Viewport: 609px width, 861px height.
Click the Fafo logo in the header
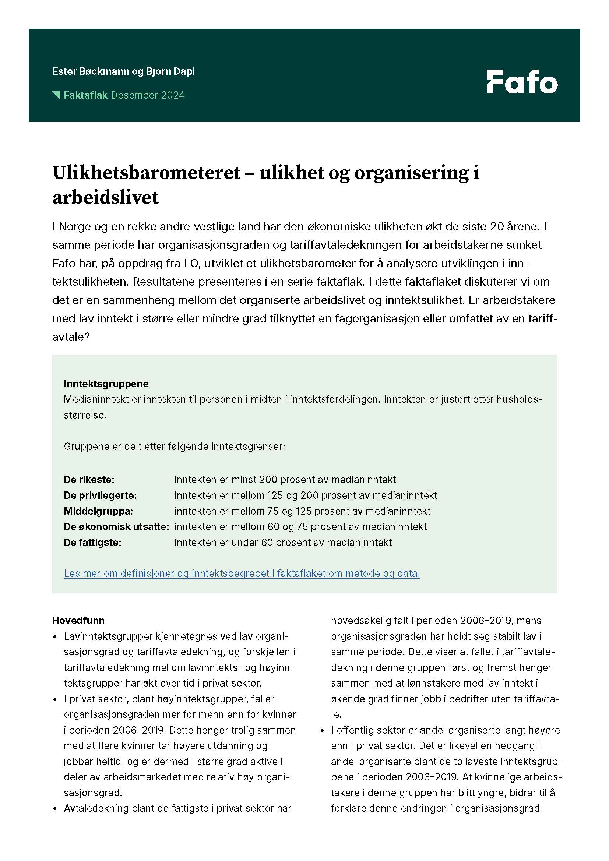click(522, 81)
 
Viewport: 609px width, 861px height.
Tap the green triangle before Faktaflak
click(56, 95)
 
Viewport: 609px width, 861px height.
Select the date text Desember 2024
click(148, 95)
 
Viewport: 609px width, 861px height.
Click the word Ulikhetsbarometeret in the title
click(146, 173)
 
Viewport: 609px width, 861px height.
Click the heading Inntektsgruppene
click(106, 384)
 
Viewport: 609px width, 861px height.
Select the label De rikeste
click(89, 479)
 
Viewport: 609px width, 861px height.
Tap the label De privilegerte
click(100, 495)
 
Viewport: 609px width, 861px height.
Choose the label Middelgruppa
click(98, 511)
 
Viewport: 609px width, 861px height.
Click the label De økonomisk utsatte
click(116, 526)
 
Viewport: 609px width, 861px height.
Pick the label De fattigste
click(92, 542)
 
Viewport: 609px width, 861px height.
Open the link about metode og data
click(242, 574)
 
